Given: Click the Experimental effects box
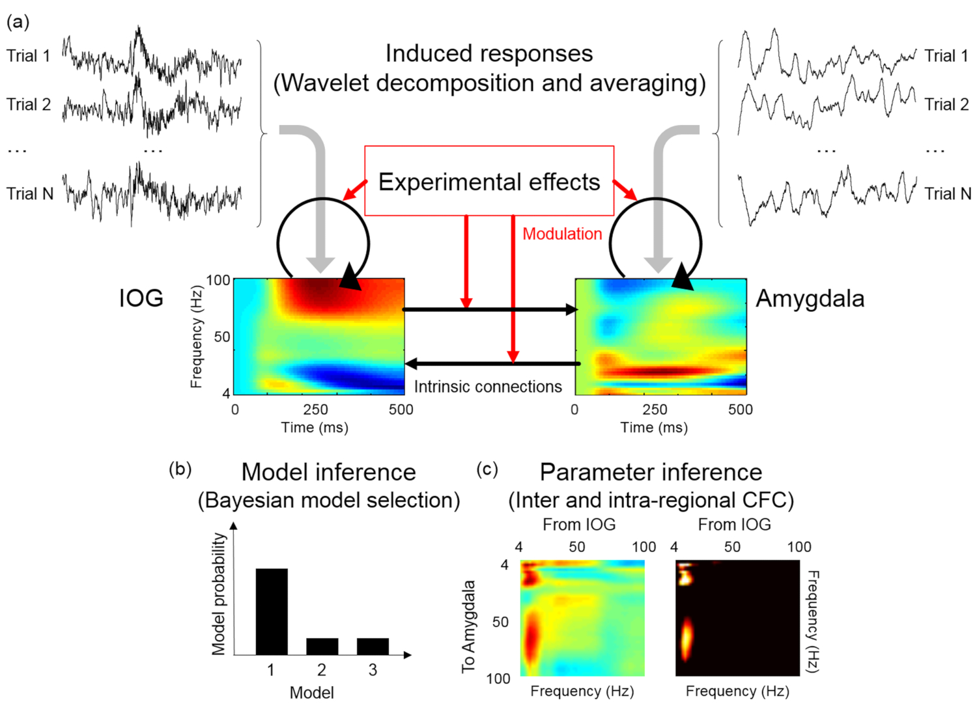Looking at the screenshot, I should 488,181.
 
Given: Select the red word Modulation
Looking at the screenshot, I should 562,234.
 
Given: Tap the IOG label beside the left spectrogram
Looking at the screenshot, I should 141,298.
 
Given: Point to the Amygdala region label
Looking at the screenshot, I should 810,298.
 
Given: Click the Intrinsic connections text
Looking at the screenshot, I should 487,387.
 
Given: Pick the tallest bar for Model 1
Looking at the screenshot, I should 271,611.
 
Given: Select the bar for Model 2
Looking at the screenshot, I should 322,646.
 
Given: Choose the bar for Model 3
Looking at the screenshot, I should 373,646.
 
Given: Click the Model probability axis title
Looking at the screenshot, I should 219,593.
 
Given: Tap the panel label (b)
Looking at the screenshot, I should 180,469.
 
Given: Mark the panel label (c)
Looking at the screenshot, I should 487,469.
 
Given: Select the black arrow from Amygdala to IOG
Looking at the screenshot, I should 488,363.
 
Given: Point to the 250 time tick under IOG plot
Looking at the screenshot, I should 315,410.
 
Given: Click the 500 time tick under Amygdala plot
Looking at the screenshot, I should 741,410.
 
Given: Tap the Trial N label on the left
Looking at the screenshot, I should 30,193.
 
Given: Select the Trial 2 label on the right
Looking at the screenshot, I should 946,104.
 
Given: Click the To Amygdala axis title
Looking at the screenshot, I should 468,626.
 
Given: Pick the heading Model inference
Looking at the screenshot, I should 328,472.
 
